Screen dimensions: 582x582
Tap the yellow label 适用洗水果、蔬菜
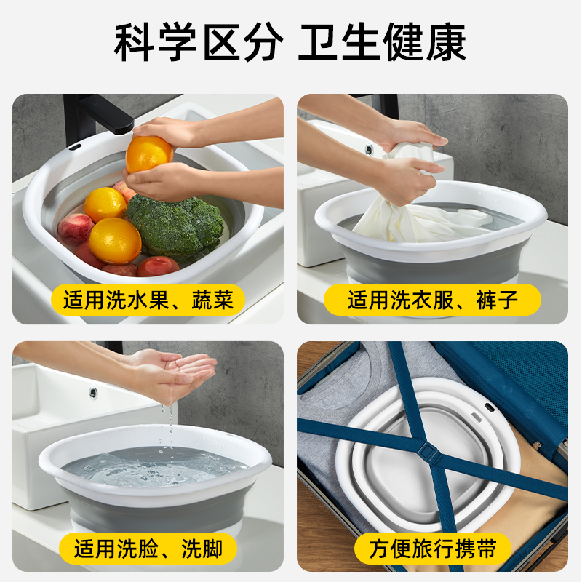(148, 300)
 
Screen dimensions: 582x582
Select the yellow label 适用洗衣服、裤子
(432, 300)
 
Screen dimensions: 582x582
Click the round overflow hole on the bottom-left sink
(93, 393)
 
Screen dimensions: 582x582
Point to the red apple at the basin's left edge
(75, 228)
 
